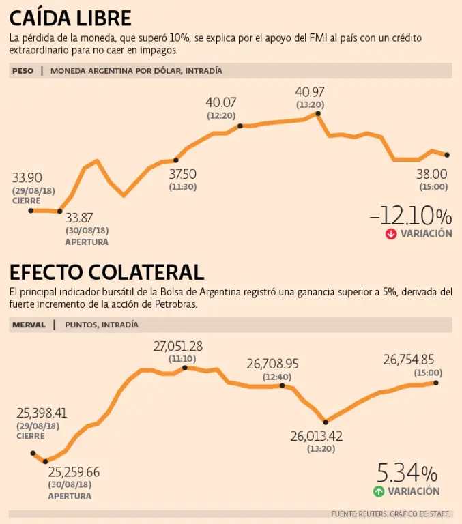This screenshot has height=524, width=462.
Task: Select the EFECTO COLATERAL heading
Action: coord(106,272)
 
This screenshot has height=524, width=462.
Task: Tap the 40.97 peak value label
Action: coord(310,91)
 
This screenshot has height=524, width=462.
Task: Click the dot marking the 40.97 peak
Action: coord(317,113)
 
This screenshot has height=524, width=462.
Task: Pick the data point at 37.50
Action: coord(176,160)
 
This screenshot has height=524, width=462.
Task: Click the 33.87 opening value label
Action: coord(79,218)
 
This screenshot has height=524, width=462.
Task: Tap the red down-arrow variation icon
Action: coord(391,233)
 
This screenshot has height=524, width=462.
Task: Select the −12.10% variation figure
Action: coord(410,216)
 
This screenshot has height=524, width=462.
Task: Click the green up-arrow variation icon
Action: coord(379,491)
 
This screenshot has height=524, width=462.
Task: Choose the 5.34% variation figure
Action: coord(407,473)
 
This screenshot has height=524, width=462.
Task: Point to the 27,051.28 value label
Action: coord(177,346)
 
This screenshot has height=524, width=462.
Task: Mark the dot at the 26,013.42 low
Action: coord(326,422)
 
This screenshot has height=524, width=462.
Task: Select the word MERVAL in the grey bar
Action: coord(29,325)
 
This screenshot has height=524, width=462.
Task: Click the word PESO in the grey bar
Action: coord(23,70)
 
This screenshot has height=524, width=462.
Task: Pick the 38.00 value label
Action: coord(432,173)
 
